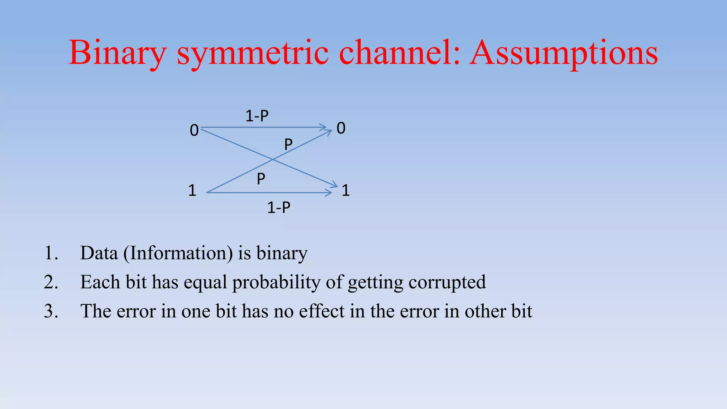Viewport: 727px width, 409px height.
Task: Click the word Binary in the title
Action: click(x=117, y=53)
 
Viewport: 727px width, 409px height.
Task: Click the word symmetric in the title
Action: click(x=252, y=53)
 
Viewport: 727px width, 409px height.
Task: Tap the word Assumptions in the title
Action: click(x=563, y=53)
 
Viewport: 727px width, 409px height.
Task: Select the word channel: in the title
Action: click(x=400, y=53)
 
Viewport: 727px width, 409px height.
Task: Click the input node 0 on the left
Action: click(x=194, y=131)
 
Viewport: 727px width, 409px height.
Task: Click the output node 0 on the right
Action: click(x=341, y=128)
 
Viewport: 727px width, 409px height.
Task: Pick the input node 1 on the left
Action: click(x=192, y=191)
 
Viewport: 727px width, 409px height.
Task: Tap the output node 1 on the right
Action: click(x=346, y=191)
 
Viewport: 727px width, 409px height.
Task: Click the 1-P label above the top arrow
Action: click(x=257, y=116)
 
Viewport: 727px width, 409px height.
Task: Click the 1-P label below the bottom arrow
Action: click(x=279, y=207)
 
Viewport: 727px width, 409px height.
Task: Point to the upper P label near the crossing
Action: click(x=288, y=144)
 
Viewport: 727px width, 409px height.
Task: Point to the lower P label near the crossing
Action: click(x=261, y=179)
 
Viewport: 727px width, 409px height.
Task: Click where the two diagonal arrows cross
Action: click(x=273, y=160)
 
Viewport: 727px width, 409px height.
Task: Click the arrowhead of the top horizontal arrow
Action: click(x=323, y=127)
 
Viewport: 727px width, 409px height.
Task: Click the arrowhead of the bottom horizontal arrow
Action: click(x=329, y=193)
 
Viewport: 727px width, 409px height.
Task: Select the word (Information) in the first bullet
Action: click(x=178, y=253)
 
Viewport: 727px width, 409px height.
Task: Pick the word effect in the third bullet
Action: click(x=322, y=311)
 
